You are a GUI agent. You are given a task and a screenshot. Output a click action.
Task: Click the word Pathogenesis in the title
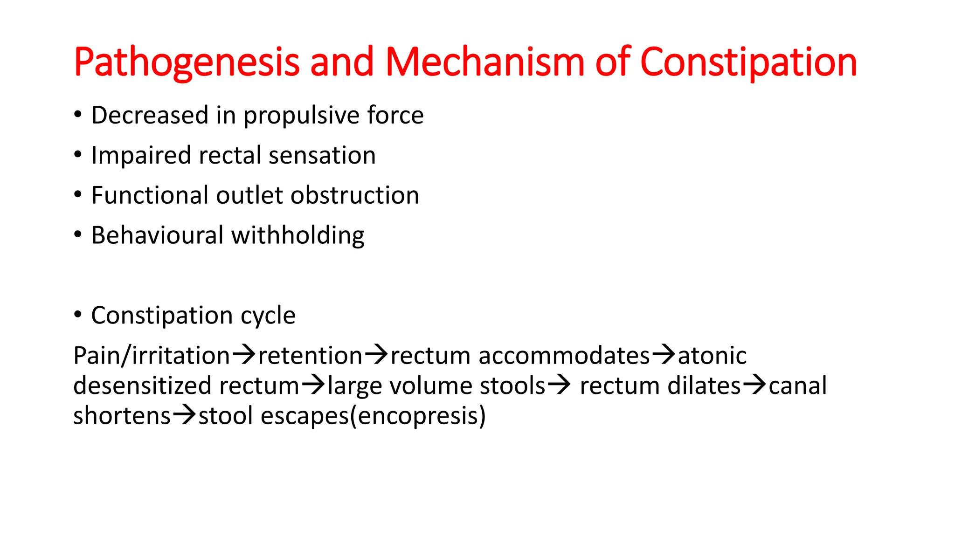pyautogui.click(x=187, y=62)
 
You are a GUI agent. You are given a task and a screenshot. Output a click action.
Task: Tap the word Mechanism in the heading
pyautogui.click(x=485, y=62)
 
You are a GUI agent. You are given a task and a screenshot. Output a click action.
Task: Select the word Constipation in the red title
pyautogui.click(x=748, y=62)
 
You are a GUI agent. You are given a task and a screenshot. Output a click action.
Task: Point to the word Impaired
pyautogui.click(x=141, y=156)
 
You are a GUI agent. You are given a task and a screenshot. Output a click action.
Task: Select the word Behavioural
pyautogui.click(x=157, y=235)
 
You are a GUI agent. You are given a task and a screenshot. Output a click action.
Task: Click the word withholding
pyautogui.click(x=298, y=235)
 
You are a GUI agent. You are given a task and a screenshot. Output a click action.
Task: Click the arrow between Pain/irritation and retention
pyautogui.click(x=244, y=355)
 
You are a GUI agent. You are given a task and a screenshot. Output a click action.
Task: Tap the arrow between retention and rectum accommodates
pyautogui.click(x=376, y=355)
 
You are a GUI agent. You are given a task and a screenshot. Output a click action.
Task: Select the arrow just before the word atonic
pyautogui.click(x=663, y=355)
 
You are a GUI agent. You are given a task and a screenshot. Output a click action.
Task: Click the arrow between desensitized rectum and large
pyautogui.click(x=313, y=386)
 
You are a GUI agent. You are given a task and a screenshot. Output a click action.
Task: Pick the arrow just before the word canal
pyautogui.click(x=754, y=386)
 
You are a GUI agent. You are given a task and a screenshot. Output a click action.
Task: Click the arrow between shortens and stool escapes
pyautogui.click(x=184, y=415)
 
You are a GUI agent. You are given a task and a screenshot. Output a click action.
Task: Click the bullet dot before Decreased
pyautogui.click(x=78, y=115)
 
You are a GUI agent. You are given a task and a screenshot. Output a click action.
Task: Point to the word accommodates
pyautogui.click(x=564, y=356)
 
